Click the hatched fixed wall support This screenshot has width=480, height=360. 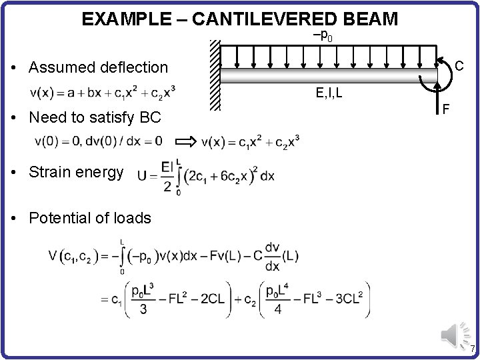point(214,75)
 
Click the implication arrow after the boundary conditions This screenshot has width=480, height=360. point(188,141)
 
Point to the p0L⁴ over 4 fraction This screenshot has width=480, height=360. point(277,299)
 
